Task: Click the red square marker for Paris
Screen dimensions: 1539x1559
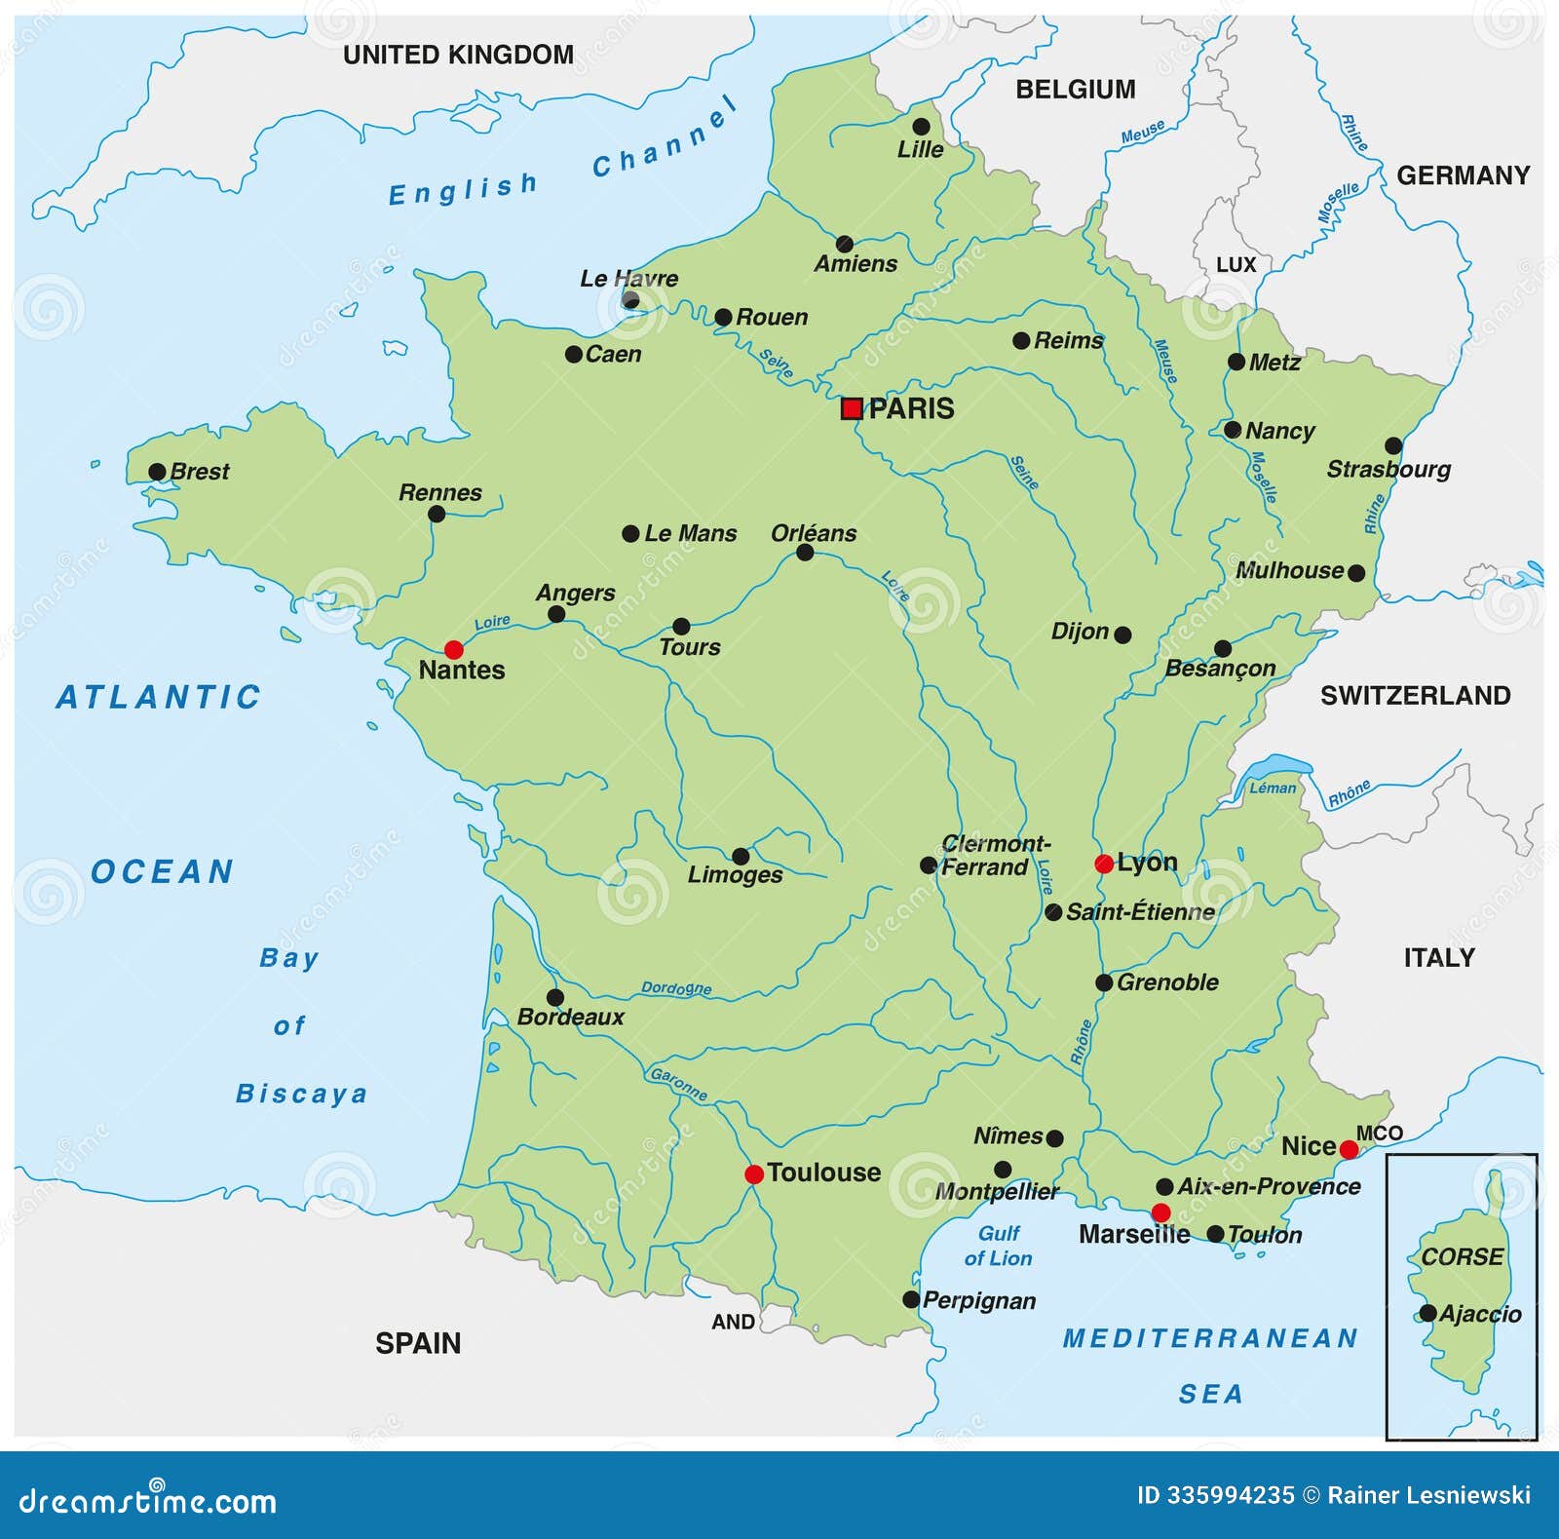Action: (x=852, y=408)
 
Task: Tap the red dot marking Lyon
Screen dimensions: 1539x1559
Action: (x=1104, y=864)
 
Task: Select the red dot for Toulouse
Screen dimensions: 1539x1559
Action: (x=754, y=1174)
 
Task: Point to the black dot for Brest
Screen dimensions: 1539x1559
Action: (x=157, y=472)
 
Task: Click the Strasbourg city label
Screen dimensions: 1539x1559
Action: (x=1388, y=470)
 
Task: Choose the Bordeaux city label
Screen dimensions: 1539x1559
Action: (x=570, y=1018)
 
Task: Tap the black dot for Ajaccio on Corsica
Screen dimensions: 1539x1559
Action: (x=1427, y=1313)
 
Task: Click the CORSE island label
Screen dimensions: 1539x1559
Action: (x=1462, y=1256)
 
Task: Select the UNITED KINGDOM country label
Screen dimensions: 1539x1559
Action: (x=458, y=55)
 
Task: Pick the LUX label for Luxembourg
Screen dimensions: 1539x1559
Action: (x=1236, y=265)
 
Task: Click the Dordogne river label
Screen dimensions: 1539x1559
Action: (x=676, y=988)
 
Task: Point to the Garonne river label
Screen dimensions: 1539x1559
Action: (x=679, y=1084)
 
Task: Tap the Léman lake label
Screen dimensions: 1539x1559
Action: (x=1273, y=788)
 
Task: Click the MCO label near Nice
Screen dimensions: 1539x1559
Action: (x=1379, y=1133)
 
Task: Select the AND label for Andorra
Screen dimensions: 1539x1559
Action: (x=733, y=1322)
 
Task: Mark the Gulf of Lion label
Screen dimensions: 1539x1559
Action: (x=999, y=1246)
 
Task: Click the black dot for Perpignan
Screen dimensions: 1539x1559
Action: (x=911, y=1299)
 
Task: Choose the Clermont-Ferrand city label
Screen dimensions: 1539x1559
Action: (x=992, y=855)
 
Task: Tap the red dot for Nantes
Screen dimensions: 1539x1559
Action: (x=454, y=649)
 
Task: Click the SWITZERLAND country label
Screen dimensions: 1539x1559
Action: (x=1415, y=695)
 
